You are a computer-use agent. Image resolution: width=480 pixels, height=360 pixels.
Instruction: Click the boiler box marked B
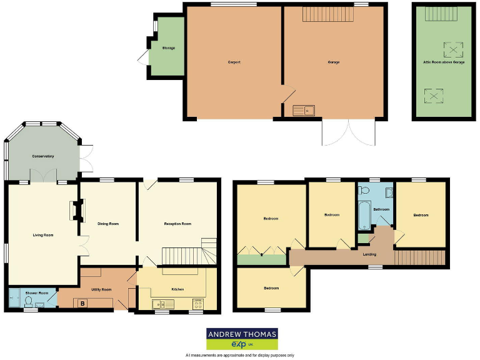tap(82, 304)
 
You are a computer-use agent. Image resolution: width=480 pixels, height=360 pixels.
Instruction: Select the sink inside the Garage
tap(304, 111)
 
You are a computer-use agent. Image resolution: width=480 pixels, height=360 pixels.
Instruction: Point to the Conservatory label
tap(43, 156)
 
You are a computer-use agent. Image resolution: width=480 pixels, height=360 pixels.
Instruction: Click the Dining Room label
tap(108, 223)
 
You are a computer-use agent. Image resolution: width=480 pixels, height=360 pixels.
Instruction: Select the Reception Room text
tap(177, 223)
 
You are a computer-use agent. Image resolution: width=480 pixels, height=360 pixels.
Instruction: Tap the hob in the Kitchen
tap(197, 304)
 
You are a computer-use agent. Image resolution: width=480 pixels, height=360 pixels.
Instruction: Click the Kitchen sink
tap(162, 304)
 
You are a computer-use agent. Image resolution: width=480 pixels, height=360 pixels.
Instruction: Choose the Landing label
tap(369, 254)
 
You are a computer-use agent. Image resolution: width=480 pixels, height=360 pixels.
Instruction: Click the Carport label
tap(234, 62)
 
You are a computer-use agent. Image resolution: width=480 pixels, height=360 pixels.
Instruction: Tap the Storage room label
tap(168, 48)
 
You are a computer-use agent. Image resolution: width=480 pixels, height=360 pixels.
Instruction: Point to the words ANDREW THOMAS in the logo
tap(242, 334)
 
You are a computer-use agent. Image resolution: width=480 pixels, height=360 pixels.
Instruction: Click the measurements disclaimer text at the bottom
tap(240, 355)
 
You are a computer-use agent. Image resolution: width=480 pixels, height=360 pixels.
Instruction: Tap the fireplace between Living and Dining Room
tap(78, 211)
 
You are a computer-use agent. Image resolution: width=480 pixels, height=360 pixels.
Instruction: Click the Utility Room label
tap(101, 289)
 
